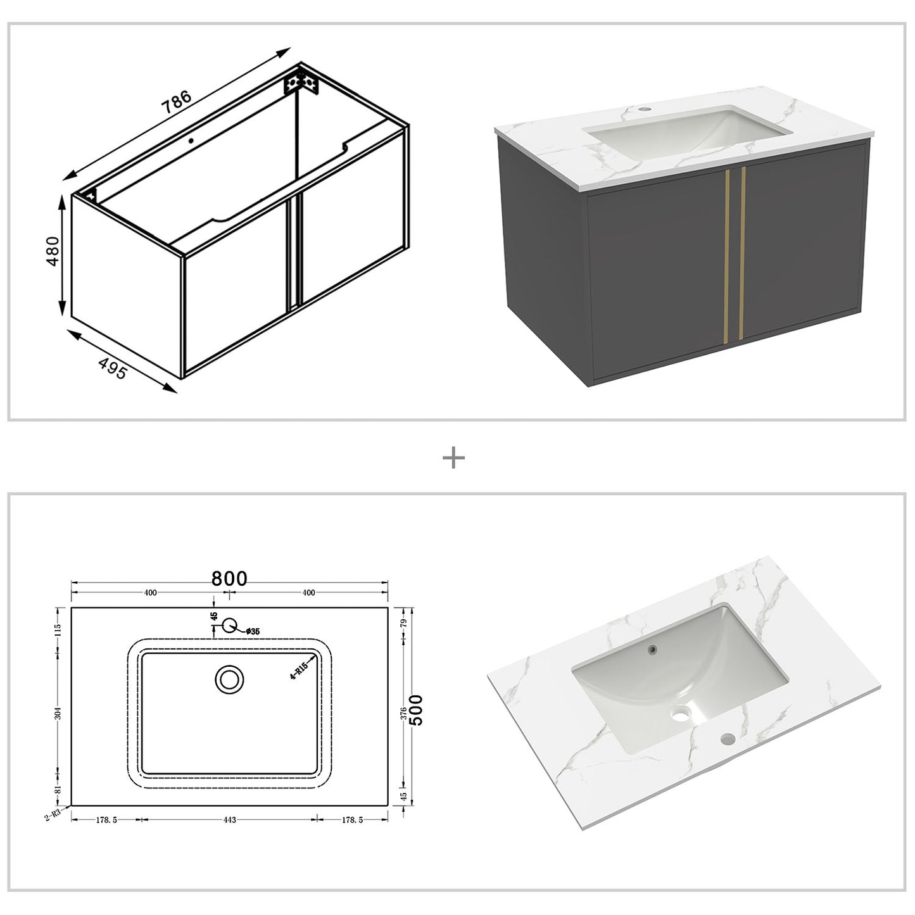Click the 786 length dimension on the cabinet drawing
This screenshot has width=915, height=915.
pyautogui.click(x=177, y=103)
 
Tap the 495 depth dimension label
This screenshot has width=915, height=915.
pyautogui.click(x=113, y=369)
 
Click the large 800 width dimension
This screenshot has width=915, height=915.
pyautogui.click(x=229, y=579)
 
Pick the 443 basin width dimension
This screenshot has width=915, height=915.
pyautogui.click(x=229, y=820)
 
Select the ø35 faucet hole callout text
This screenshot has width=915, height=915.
pyautogui.click(x=252, y=631)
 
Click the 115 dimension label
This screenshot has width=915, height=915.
pyautogui.click(x=58, y=630)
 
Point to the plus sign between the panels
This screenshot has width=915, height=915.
pyautogui.click(x=453, y=458)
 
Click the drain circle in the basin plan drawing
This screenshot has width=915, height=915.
pyautogui.click(x=229, y=679)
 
